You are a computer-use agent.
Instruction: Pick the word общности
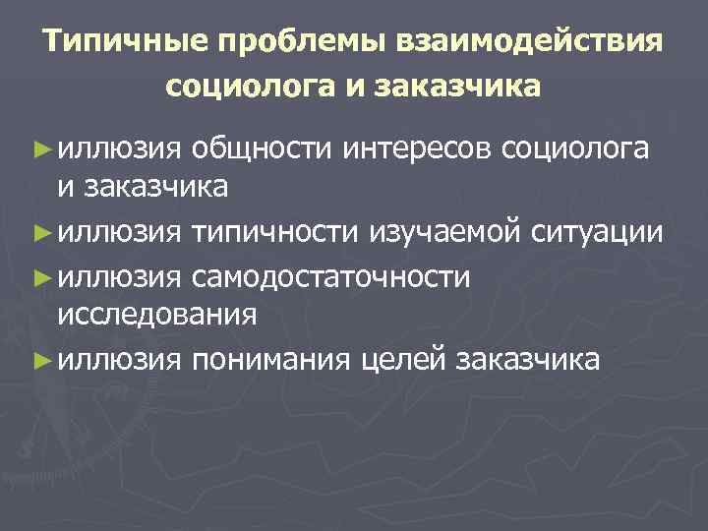(x=263, y=148)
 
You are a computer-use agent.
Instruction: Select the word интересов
(x=421, y=148)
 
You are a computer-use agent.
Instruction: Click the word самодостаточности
(x=331, y=276)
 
